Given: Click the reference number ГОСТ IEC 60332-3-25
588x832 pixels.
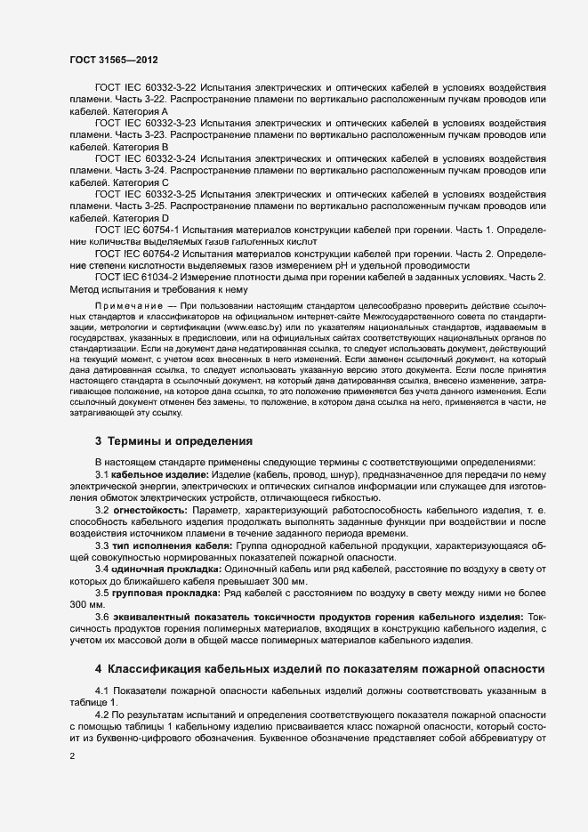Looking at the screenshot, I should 145,193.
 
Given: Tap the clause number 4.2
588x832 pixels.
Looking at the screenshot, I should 102,715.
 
